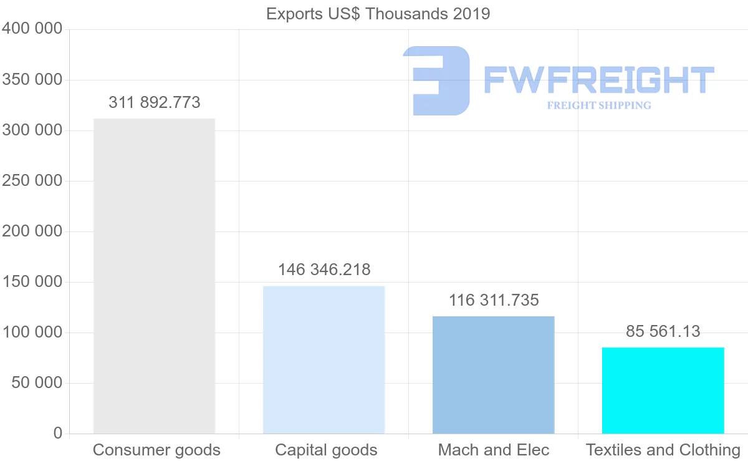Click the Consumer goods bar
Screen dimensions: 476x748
click(154, 276)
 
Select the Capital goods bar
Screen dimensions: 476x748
click(324, 359)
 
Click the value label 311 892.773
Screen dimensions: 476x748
click(155, 102)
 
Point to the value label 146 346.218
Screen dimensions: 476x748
click(324, 270)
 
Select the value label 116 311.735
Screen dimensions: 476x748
click(494, 300)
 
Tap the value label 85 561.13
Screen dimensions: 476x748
click(663, 331)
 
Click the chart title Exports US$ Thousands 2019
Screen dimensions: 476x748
click(378, 14)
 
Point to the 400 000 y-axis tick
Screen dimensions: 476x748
click(32, 29)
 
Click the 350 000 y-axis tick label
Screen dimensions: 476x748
click(32, 80)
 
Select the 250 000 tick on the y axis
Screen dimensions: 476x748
click(32, 181)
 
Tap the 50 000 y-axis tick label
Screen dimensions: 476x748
click(37, 382)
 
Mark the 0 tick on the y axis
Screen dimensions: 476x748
click(58, 433)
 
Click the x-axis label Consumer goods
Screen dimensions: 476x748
click(156, 450)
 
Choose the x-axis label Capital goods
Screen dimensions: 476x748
click(326, 450)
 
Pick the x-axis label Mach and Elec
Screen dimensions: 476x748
click(494, 450)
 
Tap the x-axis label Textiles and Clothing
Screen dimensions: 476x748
click(663, 450)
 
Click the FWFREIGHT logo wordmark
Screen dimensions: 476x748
click(598, 80)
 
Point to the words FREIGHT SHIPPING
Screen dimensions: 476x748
click(599, 105)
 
